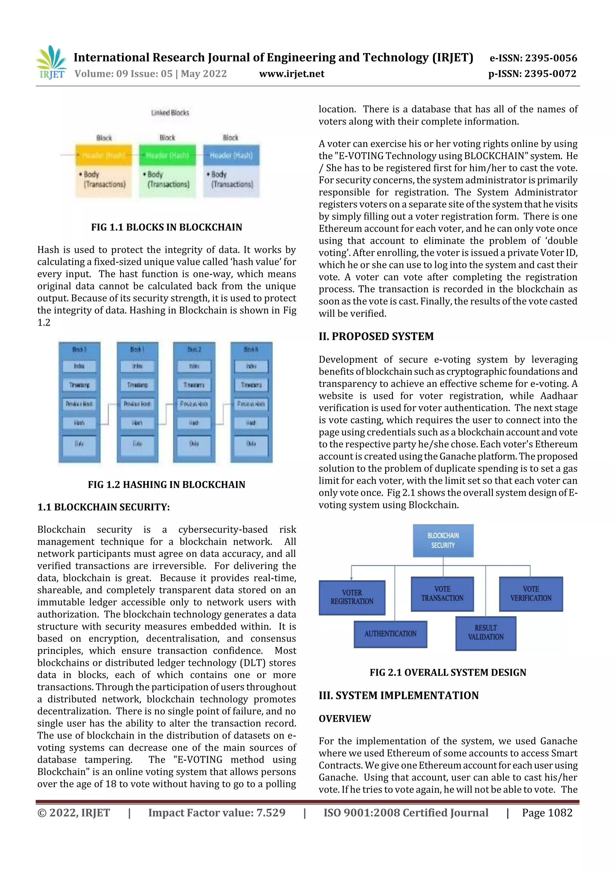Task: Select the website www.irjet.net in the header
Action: [291, 74]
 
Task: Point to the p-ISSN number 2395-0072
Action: [550, 74]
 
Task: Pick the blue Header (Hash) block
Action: [231, 155]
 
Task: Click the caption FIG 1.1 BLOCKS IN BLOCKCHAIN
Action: [166, 227]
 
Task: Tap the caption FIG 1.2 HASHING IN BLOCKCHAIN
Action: [166, 485]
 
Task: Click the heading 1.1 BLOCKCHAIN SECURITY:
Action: [103, 507]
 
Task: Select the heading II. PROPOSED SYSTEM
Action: [376, 336]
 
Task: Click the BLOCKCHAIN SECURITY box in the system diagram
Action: [443, 540]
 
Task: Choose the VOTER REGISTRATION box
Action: [352, 597]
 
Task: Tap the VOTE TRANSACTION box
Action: [442, 594]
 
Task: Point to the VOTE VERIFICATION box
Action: [531, 594]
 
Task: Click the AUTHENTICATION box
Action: [390, 634]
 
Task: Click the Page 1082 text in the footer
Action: [547, 813]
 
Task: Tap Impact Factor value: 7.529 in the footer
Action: [217, 813]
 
